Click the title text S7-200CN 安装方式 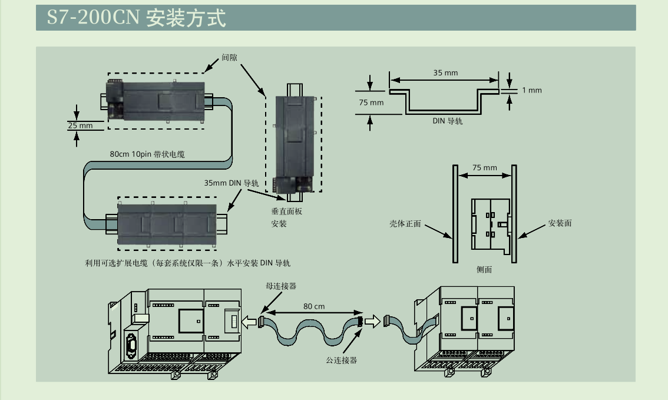click(x=136, y=18)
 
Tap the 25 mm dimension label click(x=80, y=125)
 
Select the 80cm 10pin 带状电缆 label click(x=147, y=154)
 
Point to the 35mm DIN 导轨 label click(x=231, y=183)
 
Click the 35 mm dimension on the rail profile click(x=445, y=73)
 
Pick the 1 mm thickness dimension click(x=531, y=90)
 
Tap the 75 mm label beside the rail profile click(x=371, y=103)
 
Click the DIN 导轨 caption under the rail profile click(x=447, y=121)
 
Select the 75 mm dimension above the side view click(x=484, y=168)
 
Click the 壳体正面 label click(x=405, y=224)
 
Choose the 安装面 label click(x=560, y=223)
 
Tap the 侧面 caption click(x=484, y=269)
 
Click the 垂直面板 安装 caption click(x=286, y=217)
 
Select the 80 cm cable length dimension click(x=314, y=306)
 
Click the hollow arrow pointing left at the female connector click(x=250, y=322)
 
